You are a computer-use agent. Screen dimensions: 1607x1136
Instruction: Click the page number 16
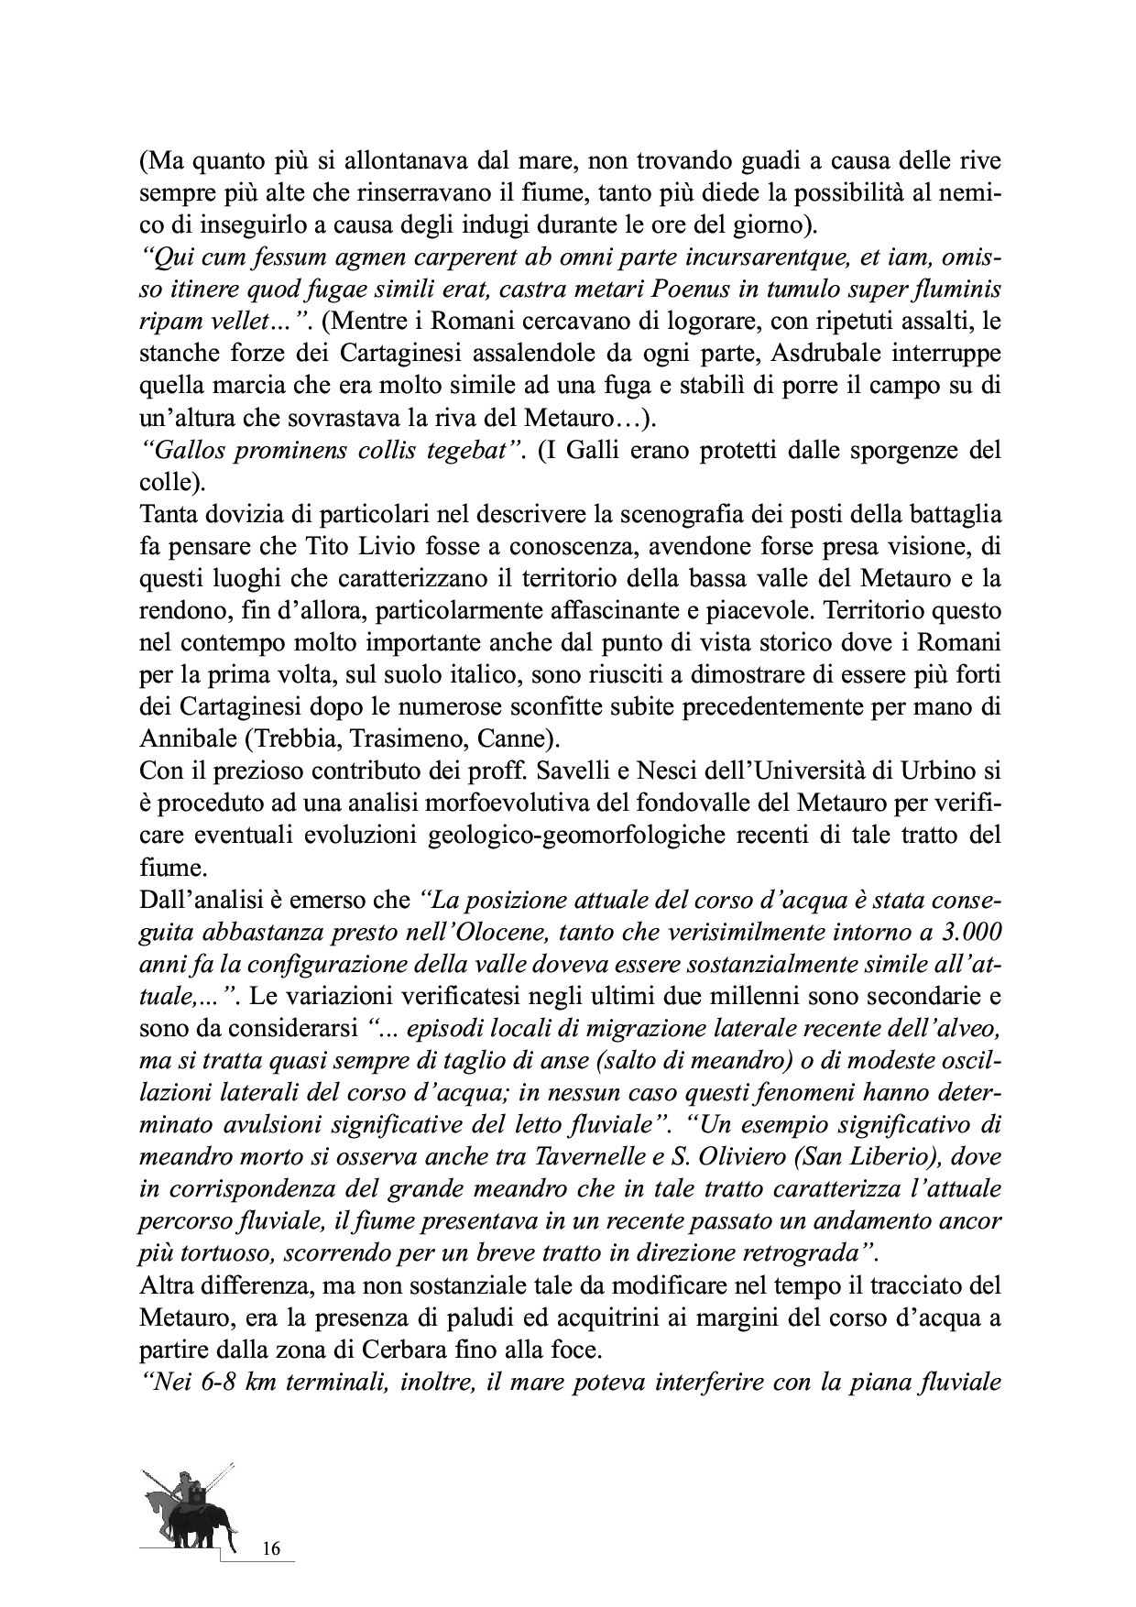point(270,1549)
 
